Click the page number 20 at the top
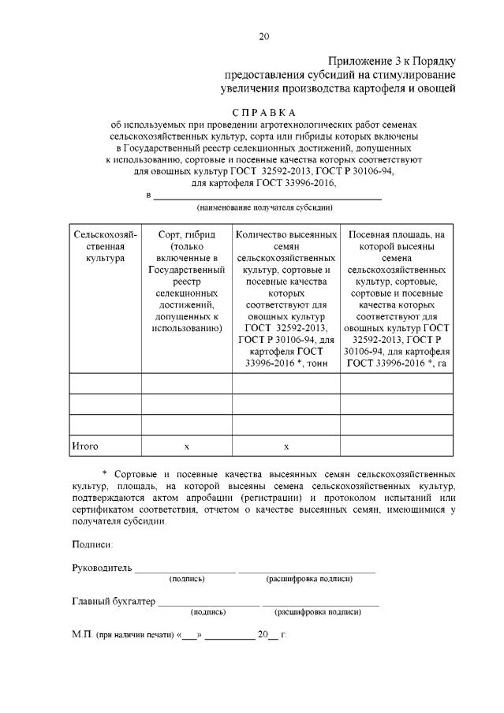pos(263,35)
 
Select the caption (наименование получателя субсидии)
pos(264,207)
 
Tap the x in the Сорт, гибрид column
pos(186,447)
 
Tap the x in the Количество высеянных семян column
pos(286,447)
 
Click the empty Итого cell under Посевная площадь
pos(397,446)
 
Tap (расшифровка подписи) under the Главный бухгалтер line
pos(317,612)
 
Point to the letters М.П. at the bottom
pos(82,634)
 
